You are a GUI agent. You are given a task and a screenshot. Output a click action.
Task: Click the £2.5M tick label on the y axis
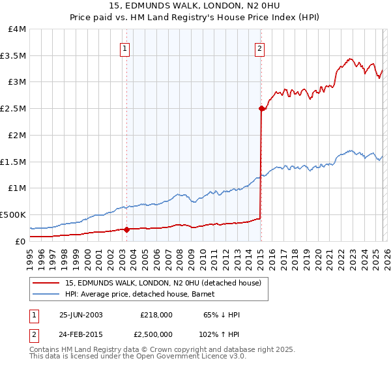point(13,108)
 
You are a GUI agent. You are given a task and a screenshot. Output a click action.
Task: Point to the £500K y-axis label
point(13,214)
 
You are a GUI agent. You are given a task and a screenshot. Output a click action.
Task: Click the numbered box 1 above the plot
point(124,48)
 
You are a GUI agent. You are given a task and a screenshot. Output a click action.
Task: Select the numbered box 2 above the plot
point(259,48)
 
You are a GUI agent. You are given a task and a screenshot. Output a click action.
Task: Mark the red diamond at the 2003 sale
point(126,229)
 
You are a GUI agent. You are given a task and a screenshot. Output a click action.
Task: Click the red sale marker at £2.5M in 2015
point(261,109)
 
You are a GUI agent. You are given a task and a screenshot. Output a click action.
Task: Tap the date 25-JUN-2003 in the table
point(81,315)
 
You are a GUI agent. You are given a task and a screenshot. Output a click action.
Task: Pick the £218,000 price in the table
point(156,315)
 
